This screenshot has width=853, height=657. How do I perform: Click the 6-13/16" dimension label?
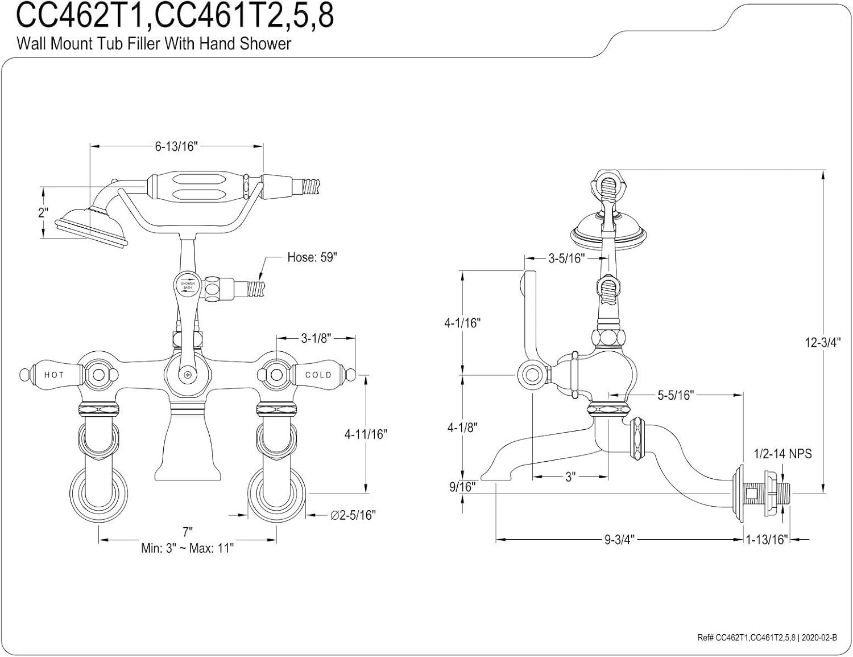click(176, 147)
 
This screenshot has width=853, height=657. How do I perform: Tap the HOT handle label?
click(54, 375)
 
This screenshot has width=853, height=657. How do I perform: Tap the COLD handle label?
click(318, 375)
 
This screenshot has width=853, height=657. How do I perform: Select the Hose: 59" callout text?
click(312, 257)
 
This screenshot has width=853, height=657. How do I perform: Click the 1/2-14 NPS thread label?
click(782, 454)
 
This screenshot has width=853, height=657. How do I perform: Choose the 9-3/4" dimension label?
click(619, 539)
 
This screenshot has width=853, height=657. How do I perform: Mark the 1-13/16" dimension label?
click(767, 539)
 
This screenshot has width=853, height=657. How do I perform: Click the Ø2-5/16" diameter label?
click(353, 515)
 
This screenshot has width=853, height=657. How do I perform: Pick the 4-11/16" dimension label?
click(365, 434)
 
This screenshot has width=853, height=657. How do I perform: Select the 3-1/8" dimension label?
click(316, 338)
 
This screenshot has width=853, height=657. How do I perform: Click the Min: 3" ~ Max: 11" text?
click(188, 548)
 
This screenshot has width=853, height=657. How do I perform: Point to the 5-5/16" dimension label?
click(675, 395)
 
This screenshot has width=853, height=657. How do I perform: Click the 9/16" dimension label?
click(461, 487)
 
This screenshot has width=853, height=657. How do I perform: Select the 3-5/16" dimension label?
click(566, 258)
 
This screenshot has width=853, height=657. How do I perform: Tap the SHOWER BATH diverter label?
click(188, 285)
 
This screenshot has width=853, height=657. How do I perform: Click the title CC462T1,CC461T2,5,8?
click(175, 17)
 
